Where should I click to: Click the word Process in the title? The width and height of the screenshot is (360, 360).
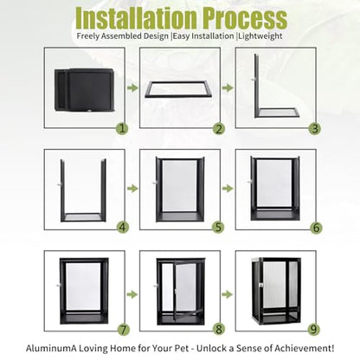coord(245,19)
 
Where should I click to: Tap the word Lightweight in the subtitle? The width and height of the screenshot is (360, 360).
coord(260,36)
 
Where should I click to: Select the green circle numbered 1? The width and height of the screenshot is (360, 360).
coord(123,129)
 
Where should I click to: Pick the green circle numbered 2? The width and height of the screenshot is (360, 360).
coord(219,129)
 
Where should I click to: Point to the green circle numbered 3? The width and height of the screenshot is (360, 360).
coord(315,129)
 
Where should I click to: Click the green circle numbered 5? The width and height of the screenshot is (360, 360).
coord(219,228)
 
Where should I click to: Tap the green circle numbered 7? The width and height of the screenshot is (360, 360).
coord(124,329)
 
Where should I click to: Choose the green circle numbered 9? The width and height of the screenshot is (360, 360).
coord(314,329)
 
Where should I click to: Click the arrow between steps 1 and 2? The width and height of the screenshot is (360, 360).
coord(132,87)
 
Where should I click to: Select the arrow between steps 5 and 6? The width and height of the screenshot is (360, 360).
coord(228,189)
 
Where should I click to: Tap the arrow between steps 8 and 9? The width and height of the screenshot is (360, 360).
coord(228,294)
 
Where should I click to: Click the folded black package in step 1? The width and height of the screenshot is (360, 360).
coord(85,90)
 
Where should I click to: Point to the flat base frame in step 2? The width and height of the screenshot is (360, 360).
coord(179,89)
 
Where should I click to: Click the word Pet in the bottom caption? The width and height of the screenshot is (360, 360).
coord(182,348)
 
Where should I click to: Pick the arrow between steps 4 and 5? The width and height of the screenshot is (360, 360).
coord(132,189)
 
